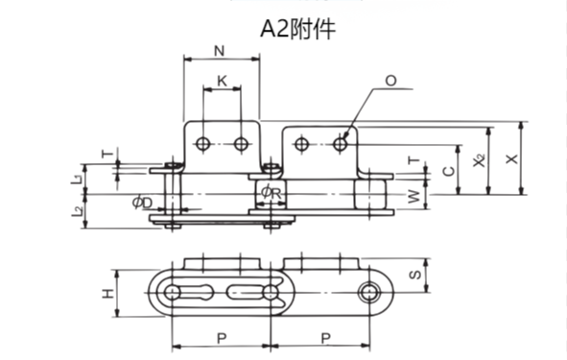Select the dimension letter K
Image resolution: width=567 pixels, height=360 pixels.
pyautogui.click(x=223, y=82)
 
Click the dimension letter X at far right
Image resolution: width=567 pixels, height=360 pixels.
pyautogui.click(x=520, y=155)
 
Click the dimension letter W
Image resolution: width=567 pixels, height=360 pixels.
pyautogui.click(x=413, y=198)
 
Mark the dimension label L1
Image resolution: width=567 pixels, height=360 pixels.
pyautogui.click(x=76, y=179)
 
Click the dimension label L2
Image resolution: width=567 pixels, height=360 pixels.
pyautogui.click(x=76, y=210)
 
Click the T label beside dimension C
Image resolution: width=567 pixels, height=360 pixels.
pyautogui.click(x=413, y=162)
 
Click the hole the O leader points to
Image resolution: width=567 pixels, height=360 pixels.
pyautogui.click(x=340, y=144)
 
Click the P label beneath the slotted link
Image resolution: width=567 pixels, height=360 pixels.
pyautogui.click(x=222, y=337)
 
